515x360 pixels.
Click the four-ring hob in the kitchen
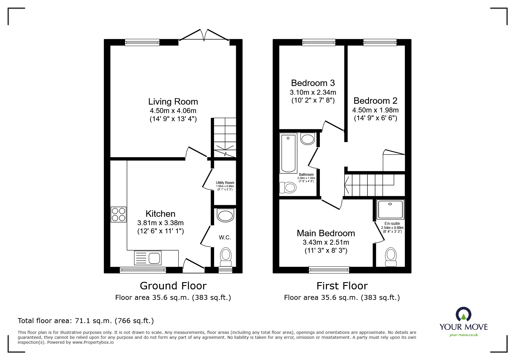(118, 214)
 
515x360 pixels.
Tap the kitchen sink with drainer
(148, 258)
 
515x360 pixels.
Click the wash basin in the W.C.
(225, 216)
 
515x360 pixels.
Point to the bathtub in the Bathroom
(288, 153)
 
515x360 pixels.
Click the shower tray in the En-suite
(390, 209)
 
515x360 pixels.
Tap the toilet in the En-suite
(391, 257)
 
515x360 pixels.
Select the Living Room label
(173, 101)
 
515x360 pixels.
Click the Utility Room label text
(225, 183)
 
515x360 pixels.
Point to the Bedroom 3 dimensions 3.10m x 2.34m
(313, 92)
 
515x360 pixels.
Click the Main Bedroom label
(326, 233)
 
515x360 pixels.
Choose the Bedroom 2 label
(375, 101)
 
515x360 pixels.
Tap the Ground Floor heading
(173, 286)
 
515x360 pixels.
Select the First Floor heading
(342, 286)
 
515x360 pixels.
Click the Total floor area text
(86, 320)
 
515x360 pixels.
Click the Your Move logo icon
(463, 314)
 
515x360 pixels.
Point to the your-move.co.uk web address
(464, 335)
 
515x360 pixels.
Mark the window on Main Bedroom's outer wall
(329, 270)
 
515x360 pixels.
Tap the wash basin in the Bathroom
(308, 139)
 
